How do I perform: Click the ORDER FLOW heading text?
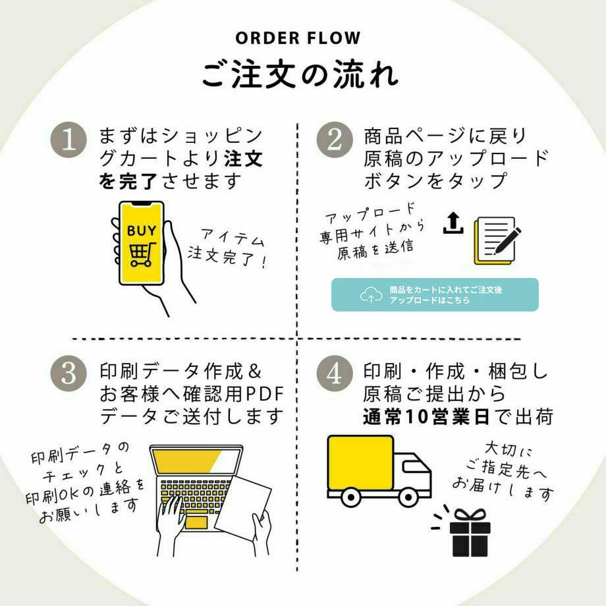click(x=303, y=38)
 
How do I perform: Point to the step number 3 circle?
click(x=69, y=373)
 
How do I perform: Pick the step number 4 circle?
click(x=335, y=373)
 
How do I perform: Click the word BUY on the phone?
click(x=142, y=231)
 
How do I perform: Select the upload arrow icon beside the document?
click(x=453, y=223)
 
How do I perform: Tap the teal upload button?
click(x=435, y=295)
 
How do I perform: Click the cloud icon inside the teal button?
click(x=372, y=295)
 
